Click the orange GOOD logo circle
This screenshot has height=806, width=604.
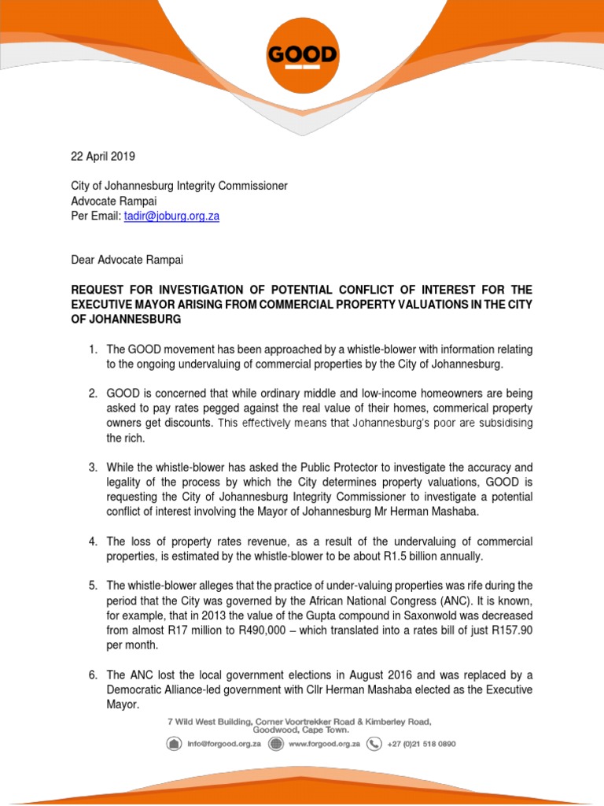(x=302, y=57)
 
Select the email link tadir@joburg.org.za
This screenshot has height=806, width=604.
(x=171, y=216)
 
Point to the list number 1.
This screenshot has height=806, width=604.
(x=92, y=349)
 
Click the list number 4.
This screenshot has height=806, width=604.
(x=92, y=542)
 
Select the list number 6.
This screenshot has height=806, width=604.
(x=92, y=675)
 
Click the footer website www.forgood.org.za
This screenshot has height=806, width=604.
(x=324, y=744)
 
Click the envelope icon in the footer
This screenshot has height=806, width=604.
(x=173, y=744)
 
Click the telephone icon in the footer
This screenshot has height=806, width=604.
(x=375, y=744)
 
